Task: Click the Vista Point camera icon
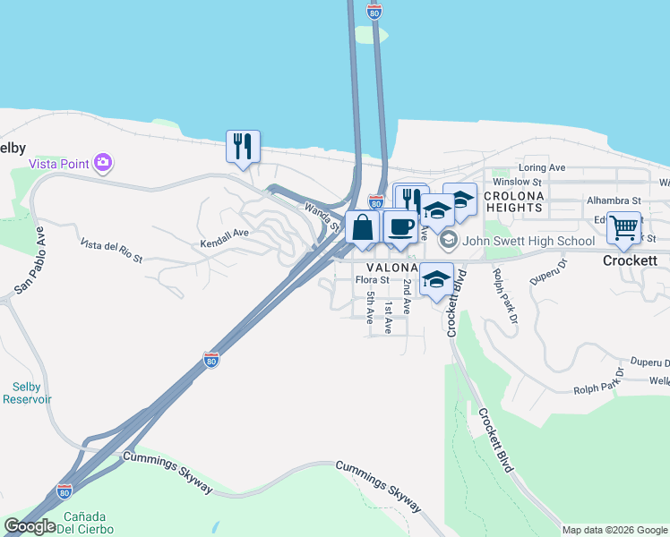(104, 162)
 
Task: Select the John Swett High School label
(529, 241)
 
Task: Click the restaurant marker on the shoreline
(243, 146)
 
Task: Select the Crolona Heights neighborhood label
(513, 201)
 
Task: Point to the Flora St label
(372, 280)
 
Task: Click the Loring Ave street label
(542, 167)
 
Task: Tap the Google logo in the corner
(30, 525)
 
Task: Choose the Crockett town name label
(631, 261)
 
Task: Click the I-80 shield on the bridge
(374, 12)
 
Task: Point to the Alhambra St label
(614, 200)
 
